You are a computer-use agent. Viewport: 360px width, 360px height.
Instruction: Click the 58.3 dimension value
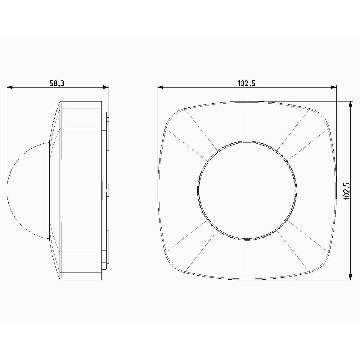57,83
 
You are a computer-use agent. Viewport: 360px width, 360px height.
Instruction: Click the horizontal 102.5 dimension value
246,83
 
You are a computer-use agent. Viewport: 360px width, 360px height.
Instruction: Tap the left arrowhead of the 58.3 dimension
10,87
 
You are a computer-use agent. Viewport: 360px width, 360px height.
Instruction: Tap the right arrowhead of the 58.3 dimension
106,87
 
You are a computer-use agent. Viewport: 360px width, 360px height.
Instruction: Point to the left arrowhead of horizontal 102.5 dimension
161,87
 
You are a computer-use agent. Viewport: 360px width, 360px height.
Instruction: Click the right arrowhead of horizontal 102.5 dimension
334,87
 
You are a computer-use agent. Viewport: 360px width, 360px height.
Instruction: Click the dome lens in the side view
28,190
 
